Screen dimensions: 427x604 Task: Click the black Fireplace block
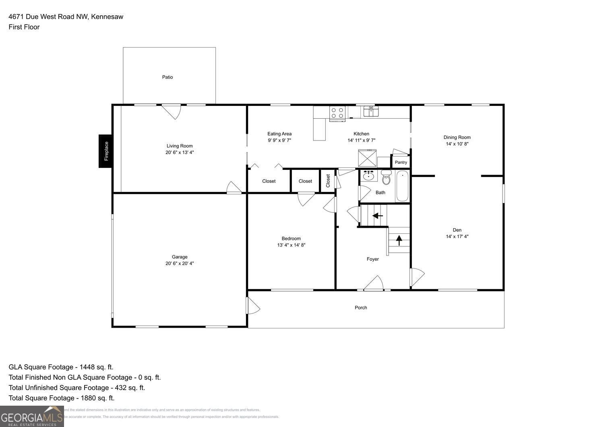105,151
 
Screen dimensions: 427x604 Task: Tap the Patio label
168,77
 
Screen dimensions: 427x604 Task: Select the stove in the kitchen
337,113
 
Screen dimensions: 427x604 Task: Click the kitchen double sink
371,111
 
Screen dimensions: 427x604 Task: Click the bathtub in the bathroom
402,186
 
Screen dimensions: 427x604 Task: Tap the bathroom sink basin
368,176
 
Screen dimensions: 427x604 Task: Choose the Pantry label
401,162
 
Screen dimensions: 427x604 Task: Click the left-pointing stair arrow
377,216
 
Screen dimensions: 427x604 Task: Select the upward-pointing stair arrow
399,240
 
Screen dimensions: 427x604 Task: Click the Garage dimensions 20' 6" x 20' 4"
180,263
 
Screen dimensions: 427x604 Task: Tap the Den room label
457,230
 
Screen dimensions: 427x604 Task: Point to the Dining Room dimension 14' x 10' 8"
457,144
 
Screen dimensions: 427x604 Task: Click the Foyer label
372,259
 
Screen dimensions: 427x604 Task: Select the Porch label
361,307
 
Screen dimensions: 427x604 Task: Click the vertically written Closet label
328,180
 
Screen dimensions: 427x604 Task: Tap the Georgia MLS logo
32,416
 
